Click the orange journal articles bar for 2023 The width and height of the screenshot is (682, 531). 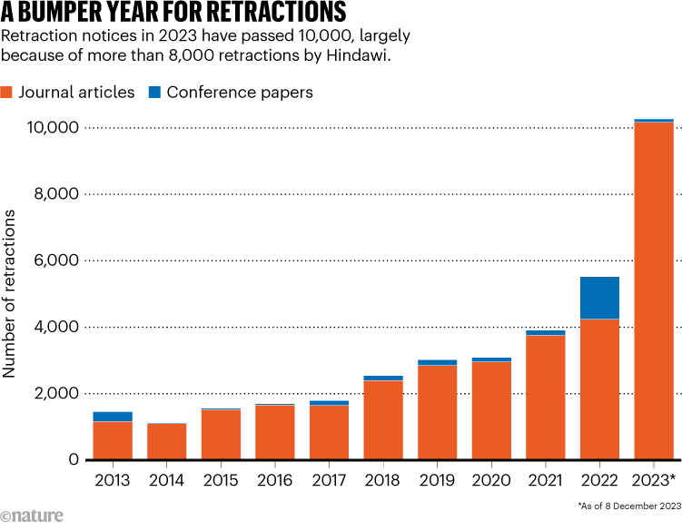654,290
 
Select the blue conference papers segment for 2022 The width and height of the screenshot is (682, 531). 599,298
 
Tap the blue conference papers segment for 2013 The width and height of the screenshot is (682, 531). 113,417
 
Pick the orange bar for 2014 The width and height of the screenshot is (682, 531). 166,442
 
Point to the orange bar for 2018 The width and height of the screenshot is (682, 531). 383,420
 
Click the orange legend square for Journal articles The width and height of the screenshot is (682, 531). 8,92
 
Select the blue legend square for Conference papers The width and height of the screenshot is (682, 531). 154,92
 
